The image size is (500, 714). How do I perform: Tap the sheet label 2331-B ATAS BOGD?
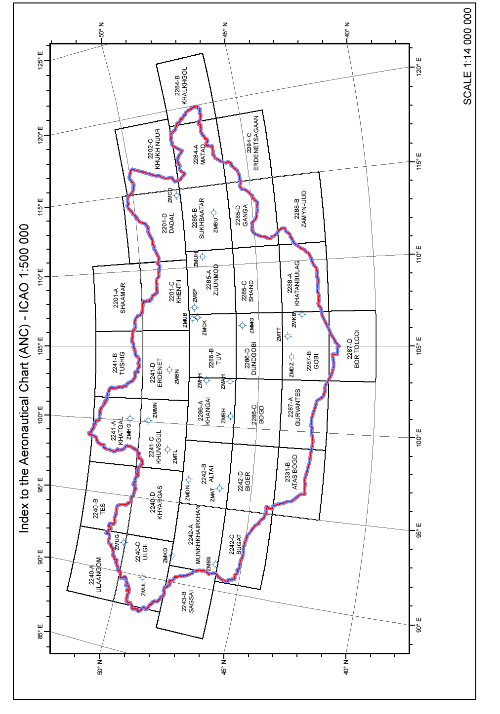tap(291, 472)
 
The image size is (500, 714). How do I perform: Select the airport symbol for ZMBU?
tap(214, 213)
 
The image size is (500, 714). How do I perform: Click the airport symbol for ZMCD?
tap(176, 196)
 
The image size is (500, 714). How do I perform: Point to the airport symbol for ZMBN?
tap(169, 370)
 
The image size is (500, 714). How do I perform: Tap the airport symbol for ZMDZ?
tap(292, 357)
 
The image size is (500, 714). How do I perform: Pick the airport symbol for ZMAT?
tap(219, 488)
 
